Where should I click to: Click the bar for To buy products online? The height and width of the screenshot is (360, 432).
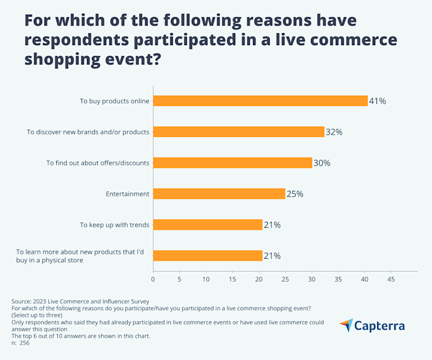coord(260,101)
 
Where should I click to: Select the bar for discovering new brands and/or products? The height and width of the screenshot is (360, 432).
coord(238,132)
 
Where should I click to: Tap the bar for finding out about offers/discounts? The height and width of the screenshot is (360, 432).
coord(232,163)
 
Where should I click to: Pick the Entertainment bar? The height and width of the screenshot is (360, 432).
coord(219,194)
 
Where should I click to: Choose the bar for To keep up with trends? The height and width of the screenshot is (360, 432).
coord(207,225)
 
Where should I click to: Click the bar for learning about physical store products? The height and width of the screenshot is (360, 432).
coord(207,256)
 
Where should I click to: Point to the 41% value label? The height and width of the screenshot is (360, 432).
coord(378,101)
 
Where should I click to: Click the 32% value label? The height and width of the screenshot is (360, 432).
coord(334,132)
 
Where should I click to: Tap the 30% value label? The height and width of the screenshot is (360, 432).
coord(322,163)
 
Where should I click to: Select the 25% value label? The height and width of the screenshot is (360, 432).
coord(295,194)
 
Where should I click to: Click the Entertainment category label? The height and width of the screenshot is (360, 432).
coord(128,194)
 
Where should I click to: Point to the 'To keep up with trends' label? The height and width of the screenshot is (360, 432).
coord(114,225)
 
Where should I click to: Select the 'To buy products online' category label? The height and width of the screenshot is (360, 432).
coord(114,101)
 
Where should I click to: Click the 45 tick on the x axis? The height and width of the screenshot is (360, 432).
coord(391,280)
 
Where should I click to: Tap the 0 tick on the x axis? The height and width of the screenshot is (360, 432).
coord(153,280)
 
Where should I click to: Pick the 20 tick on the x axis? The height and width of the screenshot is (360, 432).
coord(259,280)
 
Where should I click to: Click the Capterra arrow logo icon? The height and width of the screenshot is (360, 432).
coord(347,325)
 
